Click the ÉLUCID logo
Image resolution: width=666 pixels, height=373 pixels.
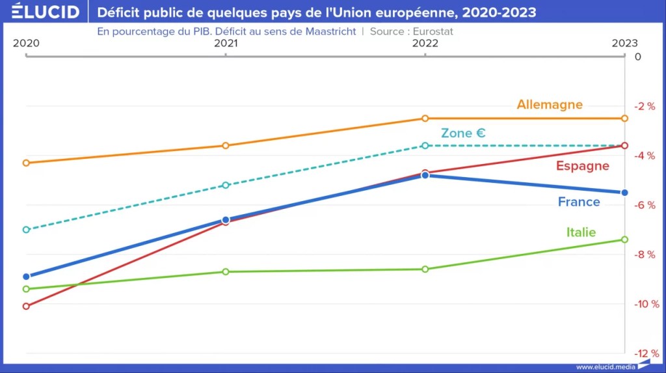[x=46, y=12]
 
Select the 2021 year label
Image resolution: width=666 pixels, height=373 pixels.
[x=226, y=43]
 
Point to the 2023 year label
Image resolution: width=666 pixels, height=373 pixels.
[x=624, y=43]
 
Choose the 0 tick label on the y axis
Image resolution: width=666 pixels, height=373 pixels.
[x=637, y=57]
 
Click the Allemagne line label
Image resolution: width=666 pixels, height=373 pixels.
[x=550, y=104]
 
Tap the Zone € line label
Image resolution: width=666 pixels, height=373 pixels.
[x=463, y=133]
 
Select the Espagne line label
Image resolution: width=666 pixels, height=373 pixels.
[x=582, y=166]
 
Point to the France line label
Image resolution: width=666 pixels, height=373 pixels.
[x=579, y=202]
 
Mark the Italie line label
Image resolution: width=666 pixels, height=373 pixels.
[x=581, y=232]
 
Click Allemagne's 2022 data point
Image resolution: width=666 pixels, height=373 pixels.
[x=425, y=118]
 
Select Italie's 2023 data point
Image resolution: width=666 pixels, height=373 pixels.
[x=624, y=240]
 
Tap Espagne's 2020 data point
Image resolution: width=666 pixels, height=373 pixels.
[x=26, y=306]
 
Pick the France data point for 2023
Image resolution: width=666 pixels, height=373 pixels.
[x=624, y=193]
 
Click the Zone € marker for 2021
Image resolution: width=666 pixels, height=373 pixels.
[x=226, y=186]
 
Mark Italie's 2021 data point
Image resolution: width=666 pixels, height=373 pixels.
[x=226, y=271]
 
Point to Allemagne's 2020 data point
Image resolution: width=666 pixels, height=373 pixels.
[x=26, y=163]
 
